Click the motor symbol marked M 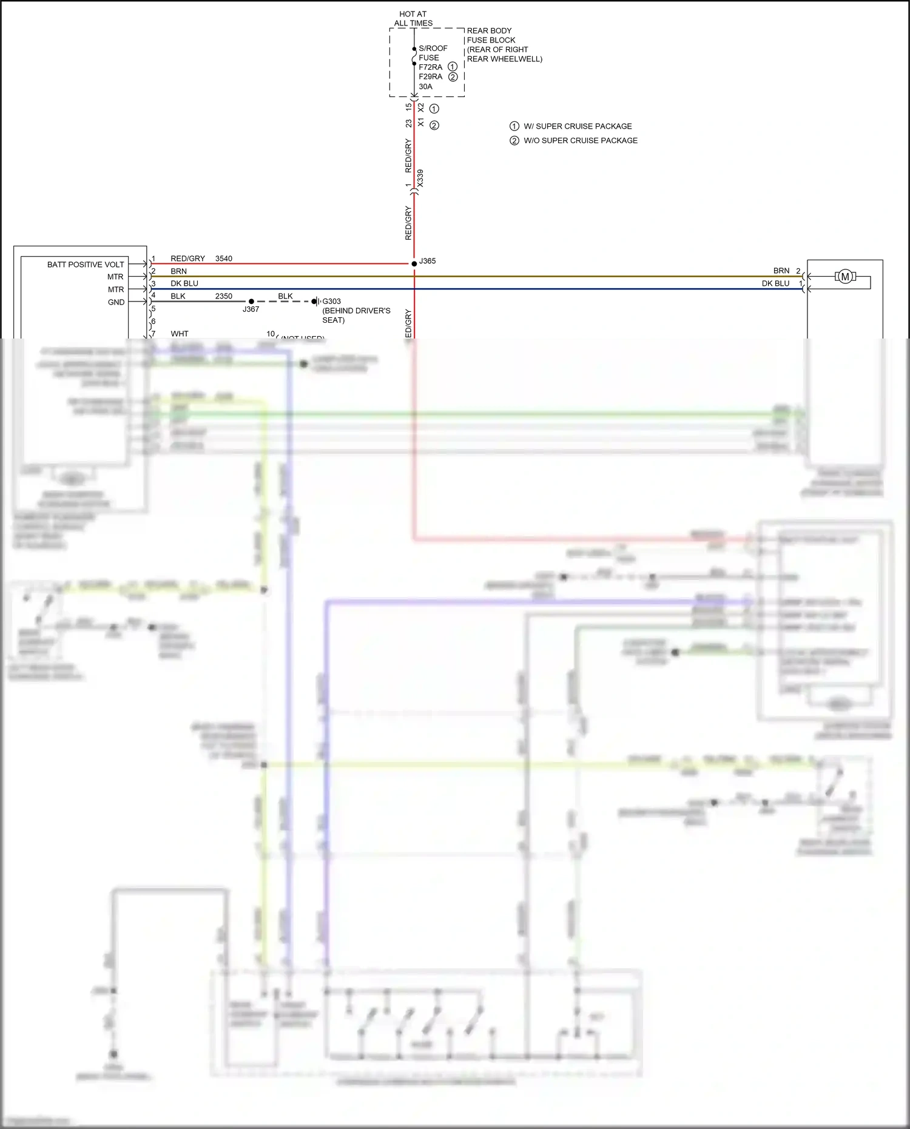tap(844, 277)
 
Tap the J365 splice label tap(428, 261)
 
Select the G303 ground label tap(331, 301)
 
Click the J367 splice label tap(251, 309)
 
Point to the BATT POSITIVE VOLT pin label tap(86, 265)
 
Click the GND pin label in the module tap(116, 302)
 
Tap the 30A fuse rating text tap(425, 86)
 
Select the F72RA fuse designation tap(430, 67)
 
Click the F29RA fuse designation tap(430, 76)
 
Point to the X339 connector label tap(420, 178)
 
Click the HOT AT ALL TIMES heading tap(413, 19)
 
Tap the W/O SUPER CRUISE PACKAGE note tap(580, 141)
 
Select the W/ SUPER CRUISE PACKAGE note tap(578, 126)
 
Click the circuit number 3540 tap(224, 258)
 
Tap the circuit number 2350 tap(224, 296)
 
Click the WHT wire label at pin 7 tap(180, 334)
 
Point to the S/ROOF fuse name tap(433, 49)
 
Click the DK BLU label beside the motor tap(775, 283)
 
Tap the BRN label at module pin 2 tap(178, 271)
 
